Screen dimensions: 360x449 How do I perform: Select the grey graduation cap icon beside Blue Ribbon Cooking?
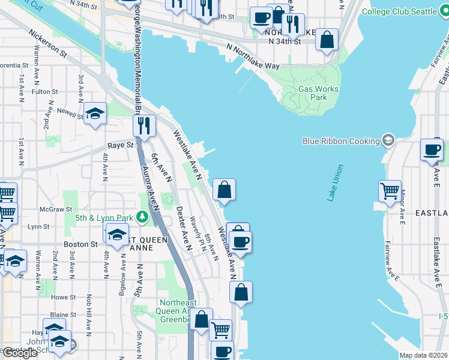pos(388,140)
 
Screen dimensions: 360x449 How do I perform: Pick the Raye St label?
pos(120,145)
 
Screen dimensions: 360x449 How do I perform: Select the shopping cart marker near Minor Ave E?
pos(390,191)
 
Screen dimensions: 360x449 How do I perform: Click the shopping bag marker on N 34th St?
pos(327,40)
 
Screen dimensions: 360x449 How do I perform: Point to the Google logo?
pos(20,353)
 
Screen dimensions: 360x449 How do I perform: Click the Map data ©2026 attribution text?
pos(424,355)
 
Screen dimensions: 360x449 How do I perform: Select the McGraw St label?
pos(51,209)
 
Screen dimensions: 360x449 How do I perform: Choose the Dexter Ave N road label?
pos(183,228)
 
